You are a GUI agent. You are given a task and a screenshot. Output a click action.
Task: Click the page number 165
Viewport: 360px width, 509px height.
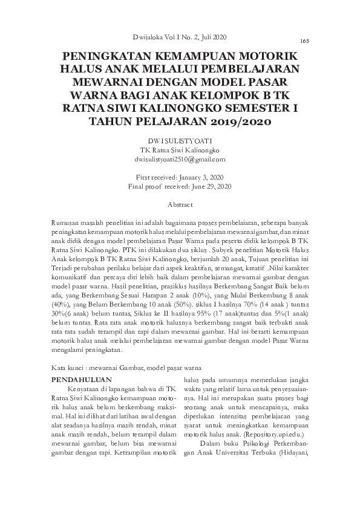point(304,41)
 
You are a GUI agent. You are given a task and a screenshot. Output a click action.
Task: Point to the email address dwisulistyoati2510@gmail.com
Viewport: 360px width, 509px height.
point(179,159)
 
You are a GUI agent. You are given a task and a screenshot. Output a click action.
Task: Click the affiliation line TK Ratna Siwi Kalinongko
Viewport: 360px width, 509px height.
point(179,150)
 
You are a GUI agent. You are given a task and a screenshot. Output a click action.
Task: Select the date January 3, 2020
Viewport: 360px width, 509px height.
point(200,178)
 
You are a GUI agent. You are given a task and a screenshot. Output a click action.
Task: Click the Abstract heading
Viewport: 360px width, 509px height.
point(179,206)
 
